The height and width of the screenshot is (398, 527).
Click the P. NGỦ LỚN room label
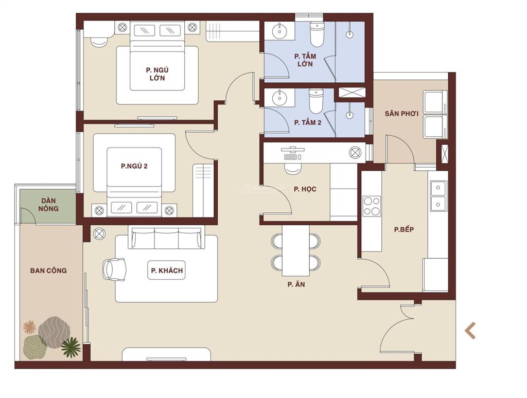click(x=157, y=74)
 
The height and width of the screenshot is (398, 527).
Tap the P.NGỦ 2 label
click(x=134, y=166)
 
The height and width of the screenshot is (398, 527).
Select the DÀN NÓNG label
click(x=48, y=205)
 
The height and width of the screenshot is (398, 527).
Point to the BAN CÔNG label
click(x=48, y=270)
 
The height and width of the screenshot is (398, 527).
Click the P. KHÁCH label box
click(x=167, y=270)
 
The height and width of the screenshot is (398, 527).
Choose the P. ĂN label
click(x=296, y=284)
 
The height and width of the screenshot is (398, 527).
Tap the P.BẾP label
click(x=403, y=229)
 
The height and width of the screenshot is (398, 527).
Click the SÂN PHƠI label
click(x=401, y=114)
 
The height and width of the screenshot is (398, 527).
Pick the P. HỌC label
click(x=305, y=189)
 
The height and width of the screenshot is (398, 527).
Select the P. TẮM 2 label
click(x=308, y=122)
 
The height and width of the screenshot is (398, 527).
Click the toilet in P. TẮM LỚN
click(x=317, y=34)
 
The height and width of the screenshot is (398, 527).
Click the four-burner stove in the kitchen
click(x=372, y=206)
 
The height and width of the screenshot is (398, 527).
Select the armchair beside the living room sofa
click(x=114, y=269)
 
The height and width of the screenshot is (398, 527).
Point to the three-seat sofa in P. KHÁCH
click(x=166, y=238)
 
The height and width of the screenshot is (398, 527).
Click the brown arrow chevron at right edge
click(x=470, y=331)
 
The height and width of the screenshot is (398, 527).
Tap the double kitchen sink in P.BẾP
click(x=438, y=195)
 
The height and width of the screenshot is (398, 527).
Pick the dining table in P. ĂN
click(x=296, y=250)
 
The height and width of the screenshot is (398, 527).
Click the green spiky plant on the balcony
click(x=71, y=347)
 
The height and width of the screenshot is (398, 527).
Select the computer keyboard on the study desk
click(x=291, y=157)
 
